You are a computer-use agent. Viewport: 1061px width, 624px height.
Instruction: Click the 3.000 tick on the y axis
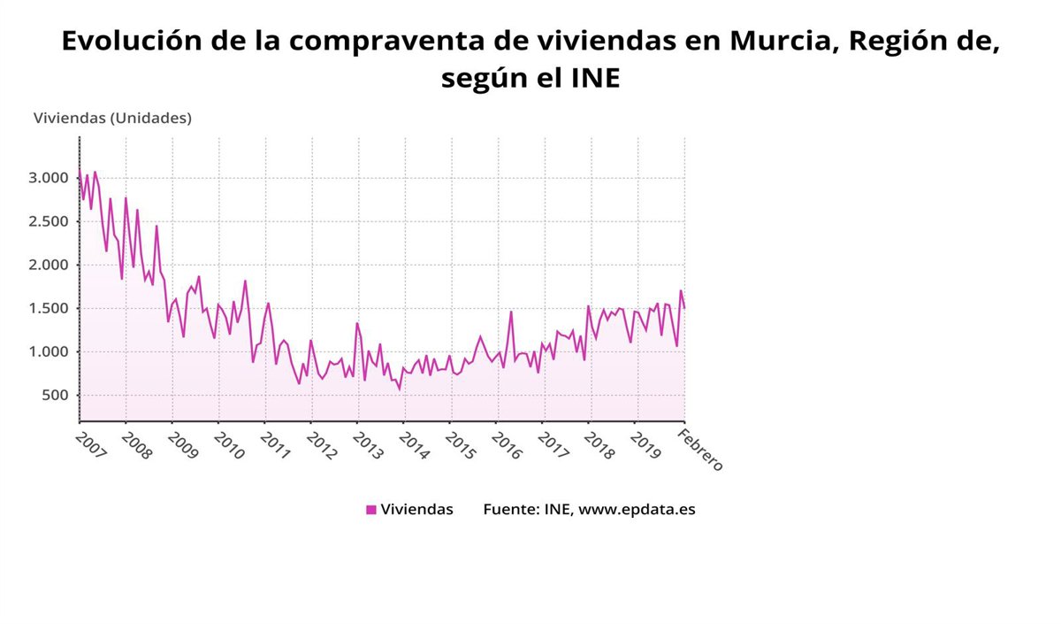point(48,178)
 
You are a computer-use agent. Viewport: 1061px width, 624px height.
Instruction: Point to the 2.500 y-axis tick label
point(48,221)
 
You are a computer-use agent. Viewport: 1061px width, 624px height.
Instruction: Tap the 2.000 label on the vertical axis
point(48,265)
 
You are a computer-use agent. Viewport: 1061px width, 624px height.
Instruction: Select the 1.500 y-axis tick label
point(48,308)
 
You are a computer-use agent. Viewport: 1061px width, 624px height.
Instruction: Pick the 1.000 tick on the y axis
point(48,351)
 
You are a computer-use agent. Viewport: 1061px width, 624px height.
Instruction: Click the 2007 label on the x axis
point(91,445)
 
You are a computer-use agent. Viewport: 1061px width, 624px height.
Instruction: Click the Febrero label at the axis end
point(702,450)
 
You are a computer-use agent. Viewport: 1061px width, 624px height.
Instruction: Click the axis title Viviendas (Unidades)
point(112,117)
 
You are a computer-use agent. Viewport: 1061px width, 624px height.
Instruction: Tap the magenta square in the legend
point(371,510)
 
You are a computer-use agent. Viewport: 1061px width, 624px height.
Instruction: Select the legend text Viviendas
point(416,510)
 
